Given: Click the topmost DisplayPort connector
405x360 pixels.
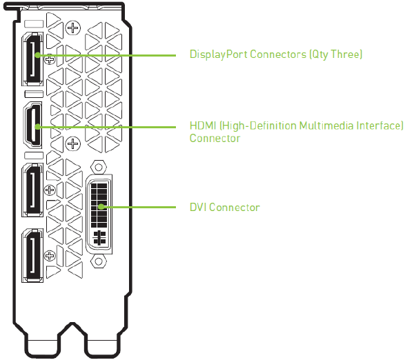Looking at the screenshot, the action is tap(32, 59).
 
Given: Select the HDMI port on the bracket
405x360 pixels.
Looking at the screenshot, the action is tap(33, 125).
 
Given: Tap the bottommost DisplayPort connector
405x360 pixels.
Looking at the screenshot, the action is tap(32, 255).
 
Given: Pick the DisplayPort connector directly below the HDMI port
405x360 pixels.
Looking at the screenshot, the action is tap(32, 190).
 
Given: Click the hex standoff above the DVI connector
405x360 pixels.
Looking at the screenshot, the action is tap(99, 167).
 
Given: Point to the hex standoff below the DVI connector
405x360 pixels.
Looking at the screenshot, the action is tap(99, 261).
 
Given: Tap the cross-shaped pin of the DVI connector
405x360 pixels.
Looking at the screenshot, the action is tap(99, 238).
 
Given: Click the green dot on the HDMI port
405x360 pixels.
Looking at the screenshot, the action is tap(38, 126).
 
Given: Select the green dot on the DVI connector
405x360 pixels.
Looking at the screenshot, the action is tap(101, 207).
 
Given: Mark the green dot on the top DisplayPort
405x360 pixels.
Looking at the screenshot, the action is tap(38, 55).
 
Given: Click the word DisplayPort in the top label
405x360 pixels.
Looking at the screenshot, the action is tap(219, 54).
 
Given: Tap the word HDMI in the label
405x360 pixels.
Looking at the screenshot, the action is tap(203, 126).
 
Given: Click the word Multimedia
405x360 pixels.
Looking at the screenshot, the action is tap(326, 126).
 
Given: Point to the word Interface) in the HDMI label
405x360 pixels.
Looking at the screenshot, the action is tap(380, 126).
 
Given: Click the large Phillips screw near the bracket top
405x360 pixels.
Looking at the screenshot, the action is tap(73, 28).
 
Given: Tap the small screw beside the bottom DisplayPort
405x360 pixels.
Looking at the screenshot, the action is tap(50, 256).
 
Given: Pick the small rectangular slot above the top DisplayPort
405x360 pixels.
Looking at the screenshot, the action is tap(34, 23).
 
